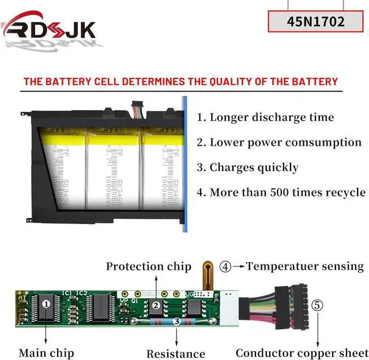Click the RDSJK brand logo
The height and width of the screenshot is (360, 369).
[48, 28]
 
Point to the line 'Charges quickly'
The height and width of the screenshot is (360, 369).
[247, 168]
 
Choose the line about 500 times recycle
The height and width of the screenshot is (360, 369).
[281, 192]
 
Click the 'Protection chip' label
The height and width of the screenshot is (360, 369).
[148, 266]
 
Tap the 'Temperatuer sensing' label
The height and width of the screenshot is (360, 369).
[305, 266]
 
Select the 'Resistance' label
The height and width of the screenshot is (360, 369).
[175, 354]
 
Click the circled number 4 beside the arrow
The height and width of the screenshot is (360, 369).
[225, 267]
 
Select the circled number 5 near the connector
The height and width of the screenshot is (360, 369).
[318, 305]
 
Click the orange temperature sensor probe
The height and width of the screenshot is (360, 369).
[208, 274]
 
